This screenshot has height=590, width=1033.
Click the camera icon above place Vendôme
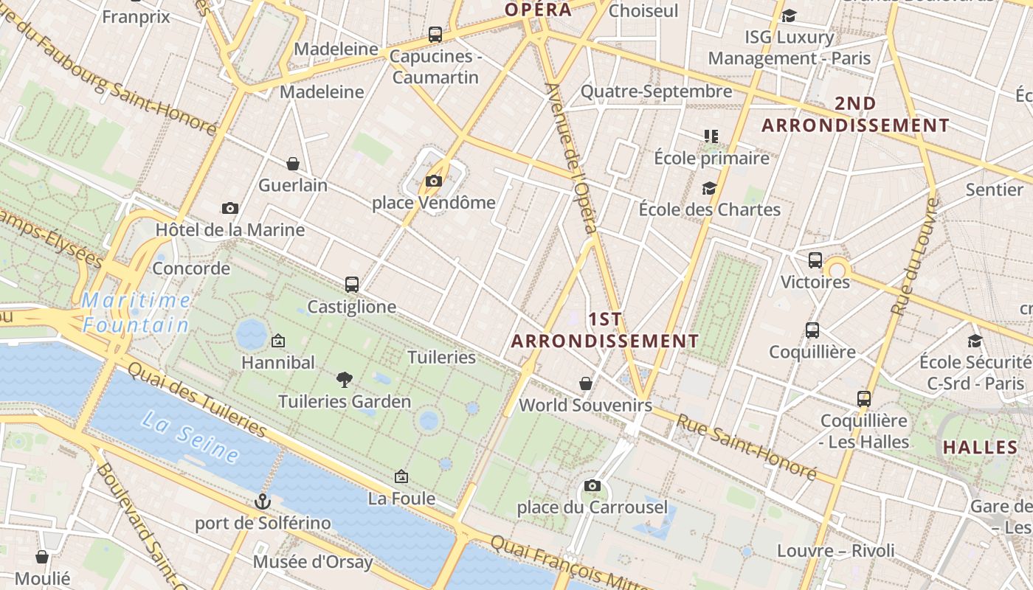433,181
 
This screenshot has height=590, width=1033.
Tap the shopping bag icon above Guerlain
293,163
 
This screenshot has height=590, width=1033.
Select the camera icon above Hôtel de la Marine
230,208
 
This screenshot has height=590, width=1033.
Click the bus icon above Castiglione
352,284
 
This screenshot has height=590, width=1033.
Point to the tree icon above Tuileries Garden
344,380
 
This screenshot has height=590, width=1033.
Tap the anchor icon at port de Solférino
262,502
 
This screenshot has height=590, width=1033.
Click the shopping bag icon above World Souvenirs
585,383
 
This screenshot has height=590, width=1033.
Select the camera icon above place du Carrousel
592,485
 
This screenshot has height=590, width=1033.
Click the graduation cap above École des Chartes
709,188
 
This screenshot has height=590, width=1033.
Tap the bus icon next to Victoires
815,260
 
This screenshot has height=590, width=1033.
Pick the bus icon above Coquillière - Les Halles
864,399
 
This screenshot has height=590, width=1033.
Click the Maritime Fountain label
136,312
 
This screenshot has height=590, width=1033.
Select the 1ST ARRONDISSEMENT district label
605,330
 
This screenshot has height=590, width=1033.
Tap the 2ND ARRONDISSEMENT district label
855,114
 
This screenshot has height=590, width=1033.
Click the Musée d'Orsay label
312,562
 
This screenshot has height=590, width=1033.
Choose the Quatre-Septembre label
656,91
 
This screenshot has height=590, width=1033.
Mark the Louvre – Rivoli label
835,550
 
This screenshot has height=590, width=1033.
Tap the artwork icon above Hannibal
278,341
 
